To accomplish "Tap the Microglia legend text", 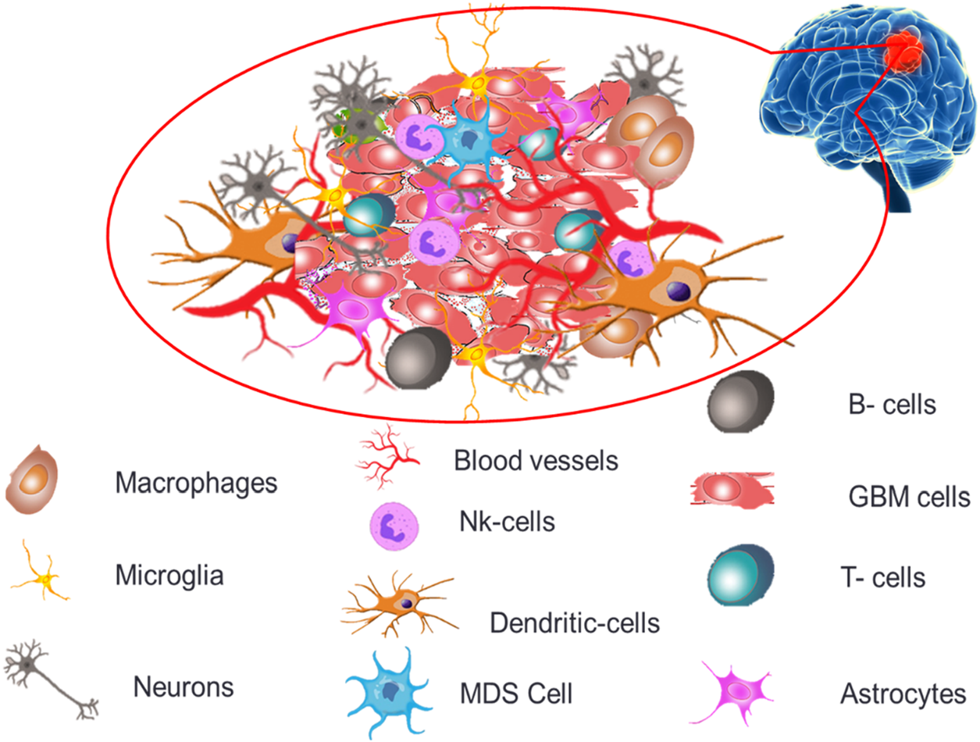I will pos(169,577).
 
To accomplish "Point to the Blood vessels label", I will pos(536,460).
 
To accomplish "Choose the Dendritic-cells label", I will pos(575,622).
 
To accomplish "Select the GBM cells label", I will pos(908,496).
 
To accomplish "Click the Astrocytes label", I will pos(903,693).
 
